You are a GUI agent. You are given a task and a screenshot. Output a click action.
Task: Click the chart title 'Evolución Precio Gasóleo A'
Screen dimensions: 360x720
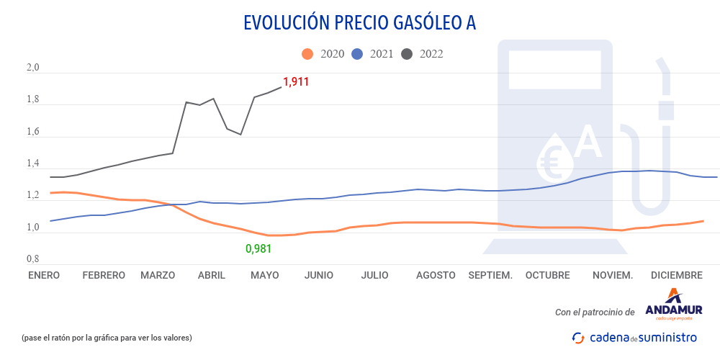click(x=360, y=23)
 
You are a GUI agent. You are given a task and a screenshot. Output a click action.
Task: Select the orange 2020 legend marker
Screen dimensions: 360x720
click(x=307, y=54)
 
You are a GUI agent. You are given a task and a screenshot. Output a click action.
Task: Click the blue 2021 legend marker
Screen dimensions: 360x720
click(x=357, y=54)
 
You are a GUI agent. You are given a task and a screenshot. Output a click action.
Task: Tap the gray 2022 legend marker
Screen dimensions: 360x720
click(x=408, y=54)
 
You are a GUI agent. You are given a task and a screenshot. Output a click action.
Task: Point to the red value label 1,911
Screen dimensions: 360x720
click(x=296, y=82)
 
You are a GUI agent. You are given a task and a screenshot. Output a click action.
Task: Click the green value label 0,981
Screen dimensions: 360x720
click(x=258, y=249)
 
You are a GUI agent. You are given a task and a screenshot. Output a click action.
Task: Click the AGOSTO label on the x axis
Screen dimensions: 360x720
click(x=436, y=275)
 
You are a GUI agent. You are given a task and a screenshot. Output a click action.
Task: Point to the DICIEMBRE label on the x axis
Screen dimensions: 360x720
click(x=676, y=275)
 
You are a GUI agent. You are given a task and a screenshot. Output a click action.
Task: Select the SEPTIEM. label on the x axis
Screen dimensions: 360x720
click(x=490, y=275)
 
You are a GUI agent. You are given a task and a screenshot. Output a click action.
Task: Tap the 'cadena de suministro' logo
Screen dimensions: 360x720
click(x=634, y=337)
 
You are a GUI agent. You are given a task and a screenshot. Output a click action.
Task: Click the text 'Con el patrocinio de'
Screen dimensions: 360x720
click(x=595, y=312)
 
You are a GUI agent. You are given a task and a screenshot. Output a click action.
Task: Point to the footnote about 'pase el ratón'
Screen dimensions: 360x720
click(x=107, y=338)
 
